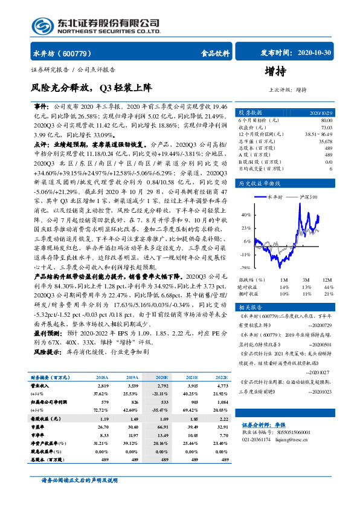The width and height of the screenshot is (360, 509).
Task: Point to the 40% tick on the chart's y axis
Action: point(246,215)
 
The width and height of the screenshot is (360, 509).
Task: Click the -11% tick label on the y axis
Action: point(245,254)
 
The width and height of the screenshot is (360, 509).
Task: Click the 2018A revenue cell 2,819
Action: point(103,384)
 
